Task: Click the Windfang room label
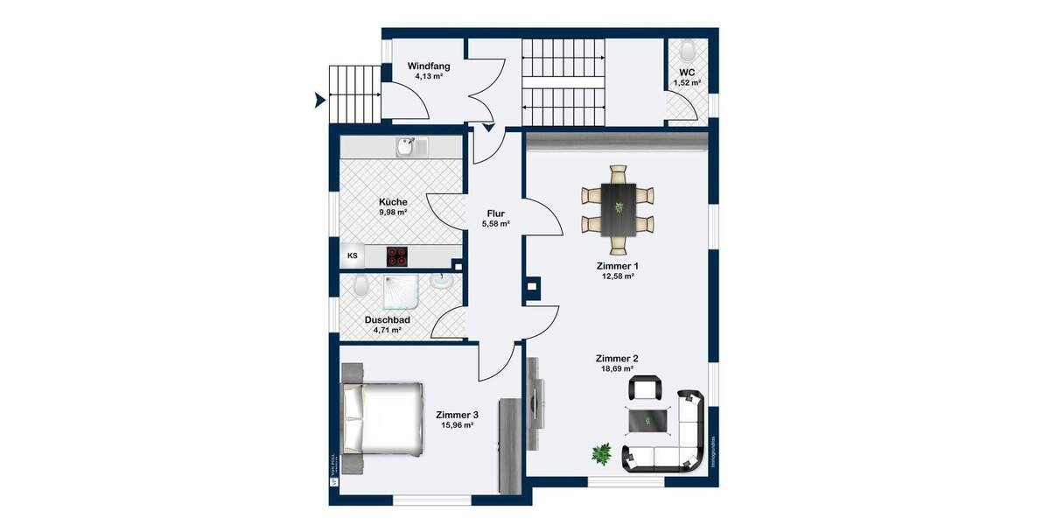429,65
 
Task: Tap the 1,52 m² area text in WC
687,83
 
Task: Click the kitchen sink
407,147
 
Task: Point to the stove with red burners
398,256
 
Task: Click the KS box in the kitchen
353,256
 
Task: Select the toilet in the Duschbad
360,284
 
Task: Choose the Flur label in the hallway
497,213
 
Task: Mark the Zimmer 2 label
617,359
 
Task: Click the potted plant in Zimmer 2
602,454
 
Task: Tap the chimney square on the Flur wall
532,284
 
